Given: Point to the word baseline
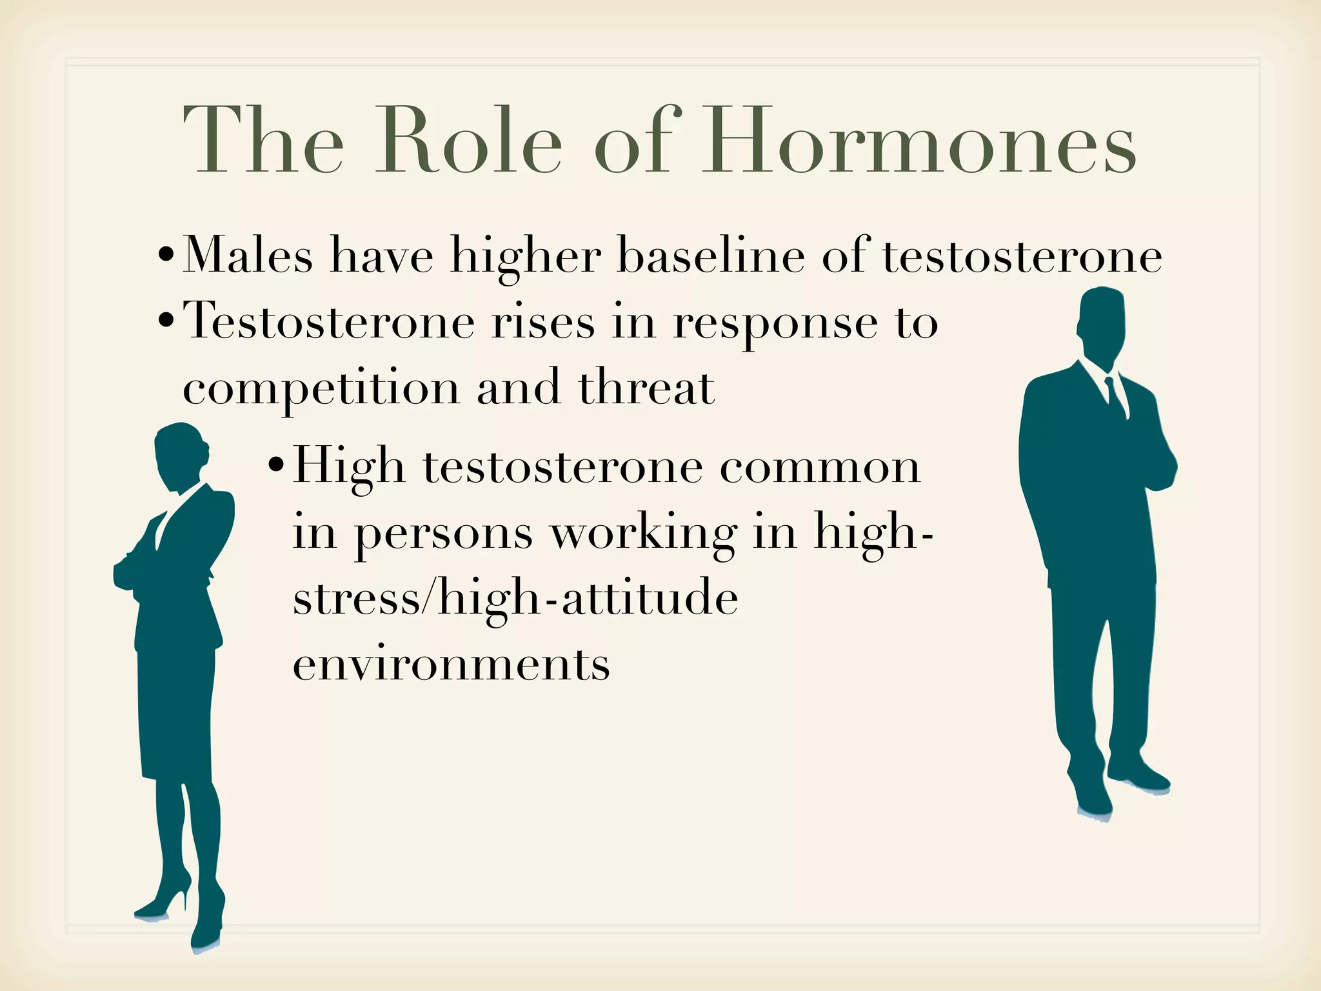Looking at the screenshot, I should [711, 256].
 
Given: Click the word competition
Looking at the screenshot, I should [321, 389].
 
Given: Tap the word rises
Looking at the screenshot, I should [543, 322].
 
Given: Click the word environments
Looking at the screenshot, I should [452, 665].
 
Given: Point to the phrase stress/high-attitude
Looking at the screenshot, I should [515, 598].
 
